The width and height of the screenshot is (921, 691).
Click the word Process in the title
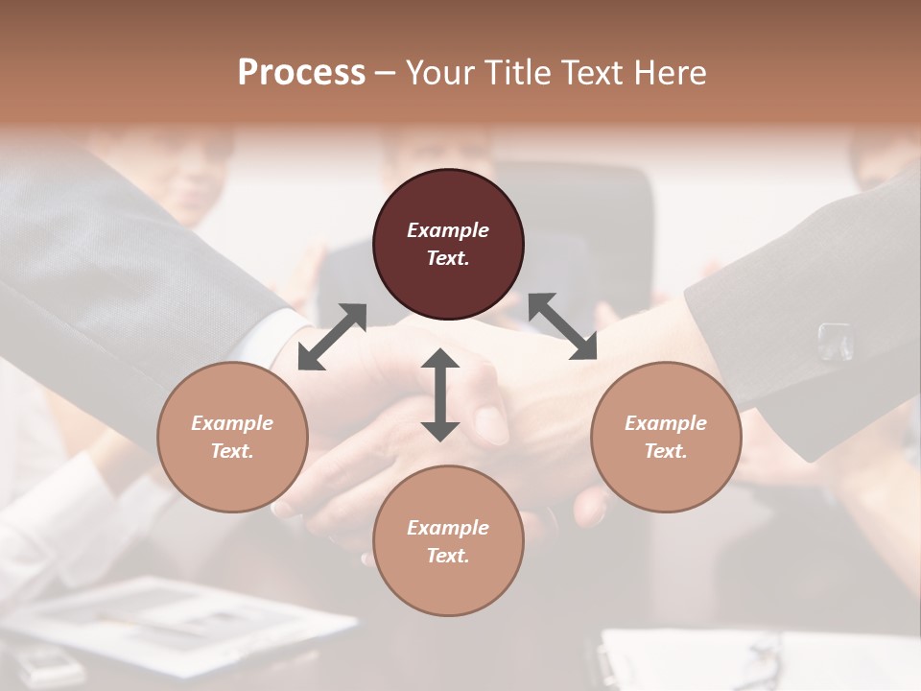point(301,73)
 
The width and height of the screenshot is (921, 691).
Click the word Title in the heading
point(513,73)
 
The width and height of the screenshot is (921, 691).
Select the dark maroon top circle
point(448,244)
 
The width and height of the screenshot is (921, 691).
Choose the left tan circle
point(232,437)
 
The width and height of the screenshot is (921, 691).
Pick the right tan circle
point(666,437)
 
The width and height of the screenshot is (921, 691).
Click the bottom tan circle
point(448,541)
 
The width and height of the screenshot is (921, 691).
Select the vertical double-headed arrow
point(440,394)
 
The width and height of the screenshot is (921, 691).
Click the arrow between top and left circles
point(333,336)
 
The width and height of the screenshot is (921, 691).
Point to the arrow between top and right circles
point(562,326)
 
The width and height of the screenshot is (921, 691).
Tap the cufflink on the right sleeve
point(834,341)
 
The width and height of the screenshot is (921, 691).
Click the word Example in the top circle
point(448,230)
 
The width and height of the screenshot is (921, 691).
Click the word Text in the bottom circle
point(448,556)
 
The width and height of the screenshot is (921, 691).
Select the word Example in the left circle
point(232,423)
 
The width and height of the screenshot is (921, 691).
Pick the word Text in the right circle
point(666,451)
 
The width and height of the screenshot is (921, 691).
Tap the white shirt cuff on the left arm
point(288,336)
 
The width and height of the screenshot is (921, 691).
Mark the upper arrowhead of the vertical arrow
point(440,359)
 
